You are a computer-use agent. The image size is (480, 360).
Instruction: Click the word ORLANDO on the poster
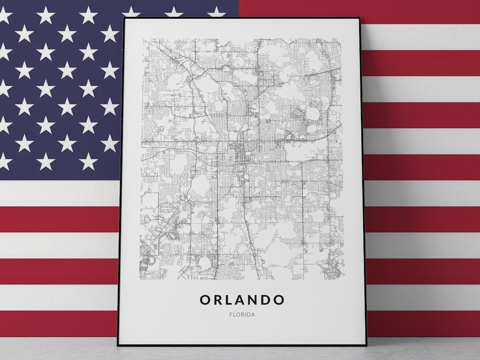click(242, 300)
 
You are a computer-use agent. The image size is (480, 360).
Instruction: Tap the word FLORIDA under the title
click(242, 315)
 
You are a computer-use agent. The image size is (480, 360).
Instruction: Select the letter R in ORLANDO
click(218, 300)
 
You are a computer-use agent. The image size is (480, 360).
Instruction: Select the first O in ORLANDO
click(205, 300)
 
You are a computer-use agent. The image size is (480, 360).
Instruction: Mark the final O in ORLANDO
click(279, 300)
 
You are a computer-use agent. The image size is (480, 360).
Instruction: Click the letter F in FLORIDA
click(231, 315)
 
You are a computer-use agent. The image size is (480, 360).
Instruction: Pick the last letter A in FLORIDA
click(254, 315)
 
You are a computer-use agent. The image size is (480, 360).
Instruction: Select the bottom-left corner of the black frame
click(118, 345)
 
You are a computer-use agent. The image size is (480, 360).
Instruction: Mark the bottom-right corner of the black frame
click(365, 345)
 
